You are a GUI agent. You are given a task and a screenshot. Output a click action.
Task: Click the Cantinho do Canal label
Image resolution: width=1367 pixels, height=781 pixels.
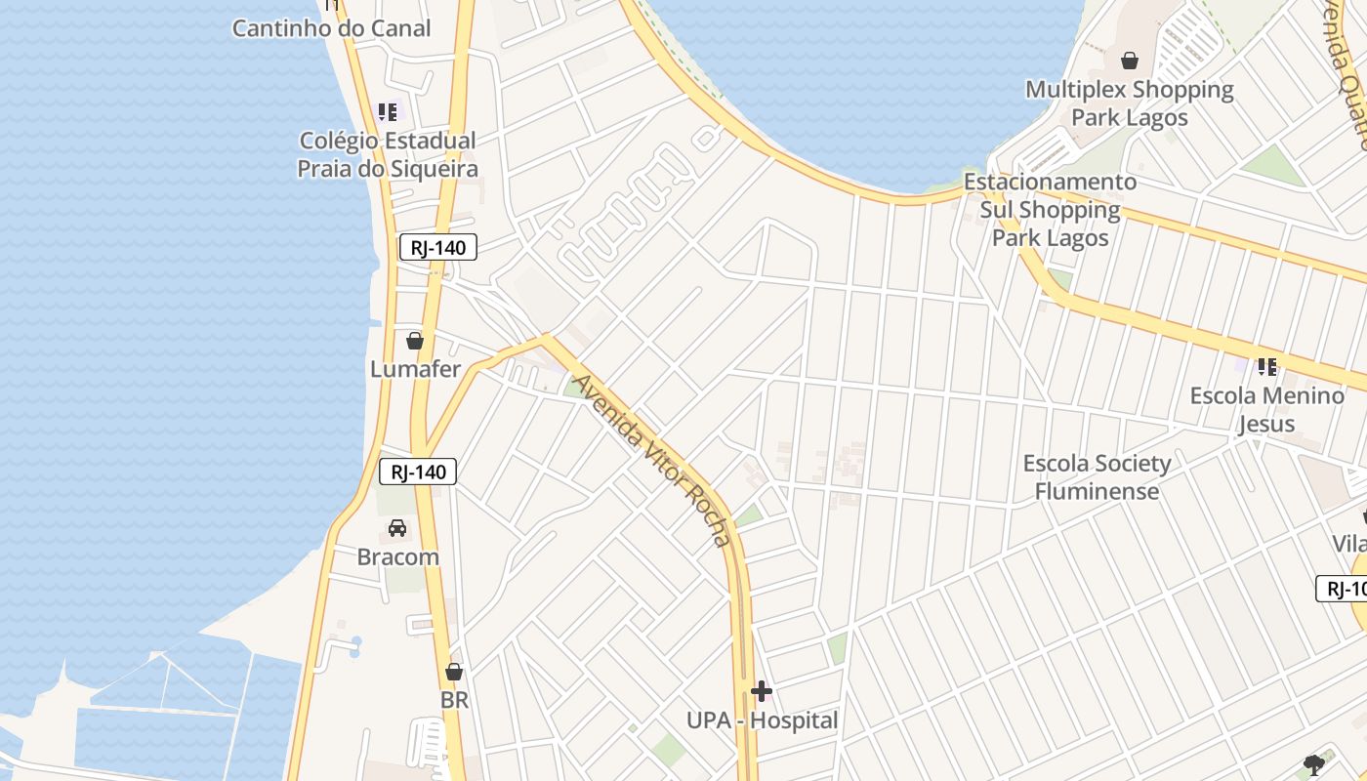point(331,28)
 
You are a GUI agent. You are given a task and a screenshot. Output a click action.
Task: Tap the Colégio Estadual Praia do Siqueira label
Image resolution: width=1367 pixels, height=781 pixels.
point(388,155)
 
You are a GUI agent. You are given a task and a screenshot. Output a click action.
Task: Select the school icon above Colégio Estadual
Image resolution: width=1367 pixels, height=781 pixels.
point(388,112)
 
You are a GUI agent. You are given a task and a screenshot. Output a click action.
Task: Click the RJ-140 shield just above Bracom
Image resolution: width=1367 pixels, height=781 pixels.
point(418,473)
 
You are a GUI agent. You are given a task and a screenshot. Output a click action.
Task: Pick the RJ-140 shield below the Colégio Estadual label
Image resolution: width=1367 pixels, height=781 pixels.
point(438,248)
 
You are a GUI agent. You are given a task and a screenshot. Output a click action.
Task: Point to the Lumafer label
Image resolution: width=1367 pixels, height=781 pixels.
point(415,370)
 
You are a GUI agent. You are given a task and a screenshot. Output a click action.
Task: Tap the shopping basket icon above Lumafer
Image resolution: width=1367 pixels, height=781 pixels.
point(415,341)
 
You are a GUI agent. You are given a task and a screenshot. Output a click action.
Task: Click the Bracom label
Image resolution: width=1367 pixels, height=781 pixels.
point(397,557)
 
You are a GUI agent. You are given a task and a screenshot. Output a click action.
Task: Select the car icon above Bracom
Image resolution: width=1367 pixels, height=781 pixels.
point(397,528)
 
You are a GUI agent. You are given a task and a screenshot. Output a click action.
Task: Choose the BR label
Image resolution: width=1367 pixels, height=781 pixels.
point(454,700)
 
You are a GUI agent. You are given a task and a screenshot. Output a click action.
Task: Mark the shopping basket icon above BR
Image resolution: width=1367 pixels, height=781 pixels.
point(454,672)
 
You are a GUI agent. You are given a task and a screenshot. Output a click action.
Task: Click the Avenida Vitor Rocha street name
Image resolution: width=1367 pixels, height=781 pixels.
point(651,459)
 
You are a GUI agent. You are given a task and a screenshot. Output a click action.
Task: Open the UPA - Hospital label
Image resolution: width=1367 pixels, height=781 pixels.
point(762,720)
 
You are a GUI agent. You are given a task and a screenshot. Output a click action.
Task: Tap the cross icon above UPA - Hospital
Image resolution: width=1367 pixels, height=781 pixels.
point(762,692)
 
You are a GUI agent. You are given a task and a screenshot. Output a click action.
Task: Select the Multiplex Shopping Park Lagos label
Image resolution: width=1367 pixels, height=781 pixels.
point(1130,103)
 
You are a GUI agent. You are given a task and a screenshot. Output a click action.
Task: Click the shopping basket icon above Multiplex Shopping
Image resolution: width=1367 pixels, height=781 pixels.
point(1130,61)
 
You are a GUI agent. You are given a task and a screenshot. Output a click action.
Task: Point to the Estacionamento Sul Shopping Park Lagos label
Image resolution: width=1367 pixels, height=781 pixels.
point(1051,210)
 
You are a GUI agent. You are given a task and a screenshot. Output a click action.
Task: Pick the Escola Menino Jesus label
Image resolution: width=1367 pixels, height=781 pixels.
point(1266,409)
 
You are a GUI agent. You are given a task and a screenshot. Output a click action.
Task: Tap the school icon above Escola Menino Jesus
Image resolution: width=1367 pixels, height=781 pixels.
point(1267,367)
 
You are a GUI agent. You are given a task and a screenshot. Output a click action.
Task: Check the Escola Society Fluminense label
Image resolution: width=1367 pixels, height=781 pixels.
point(1097,476)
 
